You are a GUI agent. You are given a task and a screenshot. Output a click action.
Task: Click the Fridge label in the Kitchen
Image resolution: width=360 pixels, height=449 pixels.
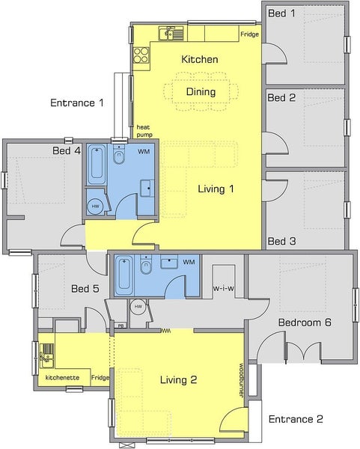click(249, 34)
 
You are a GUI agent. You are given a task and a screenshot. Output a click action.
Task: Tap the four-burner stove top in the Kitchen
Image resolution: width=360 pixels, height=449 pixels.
click(141, 55)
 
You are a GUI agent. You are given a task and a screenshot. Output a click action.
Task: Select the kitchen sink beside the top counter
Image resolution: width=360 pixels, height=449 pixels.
click(171, 34)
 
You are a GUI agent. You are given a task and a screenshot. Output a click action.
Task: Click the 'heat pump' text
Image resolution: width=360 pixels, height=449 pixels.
click(144, 131)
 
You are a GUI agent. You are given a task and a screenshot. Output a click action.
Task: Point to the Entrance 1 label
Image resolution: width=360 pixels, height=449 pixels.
click(77, 103)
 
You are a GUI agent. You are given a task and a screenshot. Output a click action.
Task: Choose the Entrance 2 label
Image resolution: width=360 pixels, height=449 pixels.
click(296, 419)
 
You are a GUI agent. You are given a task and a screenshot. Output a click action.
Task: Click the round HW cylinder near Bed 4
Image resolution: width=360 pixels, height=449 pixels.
click(95, 207)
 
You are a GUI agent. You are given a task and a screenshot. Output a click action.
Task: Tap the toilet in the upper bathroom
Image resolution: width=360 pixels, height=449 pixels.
click(118, 154)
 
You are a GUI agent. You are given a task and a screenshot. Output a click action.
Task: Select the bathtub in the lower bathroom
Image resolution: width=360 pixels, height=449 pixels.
click(124, 275)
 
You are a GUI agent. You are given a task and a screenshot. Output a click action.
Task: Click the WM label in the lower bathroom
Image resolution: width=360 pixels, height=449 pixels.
click(189, 262)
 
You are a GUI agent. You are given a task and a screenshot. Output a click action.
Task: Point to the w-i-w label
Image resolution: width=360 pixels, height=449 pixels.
click(223, 288)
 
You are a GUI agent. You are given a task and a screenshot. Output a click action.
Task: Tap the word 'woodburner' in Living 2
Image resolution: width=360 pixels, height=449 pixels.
click(241, 381)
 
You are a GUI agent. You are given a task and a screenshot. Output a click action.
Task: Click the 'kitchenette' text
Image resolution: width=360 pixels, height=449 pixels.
click(62, 378)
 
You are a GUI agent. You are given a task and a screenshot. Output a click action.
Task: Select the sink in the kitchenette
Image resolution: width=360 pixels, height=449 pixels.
click(46, 355)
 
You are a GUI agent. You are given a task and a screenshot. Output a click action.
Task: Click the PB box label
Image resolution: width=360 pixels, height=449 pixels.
click(121, 326)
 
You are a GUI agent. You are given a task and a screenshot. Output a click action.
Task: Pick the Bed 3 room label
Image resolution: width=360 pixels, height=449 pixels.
click(281, 241)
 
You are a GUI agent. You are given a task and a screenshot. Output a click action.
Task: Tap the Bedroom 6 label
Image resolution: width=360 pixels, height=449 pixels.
click(305, 323)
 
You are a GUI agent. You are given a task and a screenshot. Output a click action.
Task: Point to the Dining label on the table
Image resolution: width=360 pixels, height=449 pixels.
click(201, 91)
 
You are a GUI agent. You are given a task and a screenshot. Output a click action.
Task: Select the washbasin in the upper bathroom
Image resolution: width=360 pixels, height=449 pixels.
click(147, 188)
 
